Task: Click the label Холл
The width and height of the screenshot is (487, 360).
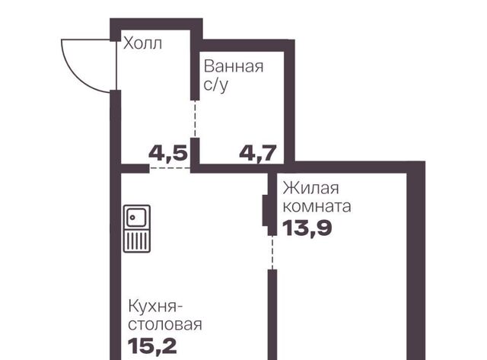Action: coord(142,43)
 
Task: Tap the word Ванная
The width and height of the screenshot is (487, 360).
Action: coord(234,66)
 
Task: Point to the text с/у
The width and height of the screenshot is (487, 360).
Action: coord(216,84)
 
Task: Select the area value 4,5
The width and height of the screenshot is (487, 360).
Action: coord(168,153)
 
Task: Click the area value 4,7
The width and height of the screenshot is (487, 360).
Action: coord(258,153)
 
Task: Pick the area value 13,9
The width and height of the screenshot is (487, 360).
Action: coord(307,228)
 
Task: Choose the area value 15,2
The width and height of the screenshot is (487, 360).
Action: coord(152,346)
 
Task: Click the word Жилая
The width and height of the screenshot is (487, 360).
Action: coord(310,188)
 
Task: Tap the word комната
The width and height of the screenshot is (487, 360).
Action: coord(317,206)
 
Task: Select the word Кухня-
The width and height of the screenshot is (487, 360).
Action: coord(155,306)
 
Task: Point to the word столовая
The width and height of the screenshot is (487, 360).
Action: coord(165,324)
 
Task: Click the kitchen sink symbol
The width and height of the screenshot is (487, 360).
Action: coord(137,228)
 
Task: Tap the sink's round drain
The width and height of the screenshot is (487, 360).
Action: coord(132,217)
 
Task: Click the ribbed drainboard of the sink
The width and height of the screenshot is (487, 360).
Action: coord(137,241)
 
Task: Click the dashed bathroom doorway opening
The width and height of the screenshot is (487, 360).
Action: coord(195,119)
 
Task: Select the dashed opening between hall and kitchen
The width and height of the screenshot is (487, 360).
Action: coord(170,168)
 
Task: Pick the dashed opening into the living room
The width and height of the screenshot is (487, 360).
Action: coord(272,252)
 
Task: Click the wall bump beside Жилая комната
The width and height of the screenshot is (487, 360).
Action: coord(265,210)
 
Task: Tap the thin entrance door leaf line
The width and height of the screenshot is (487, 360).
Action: coord(116,65)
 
